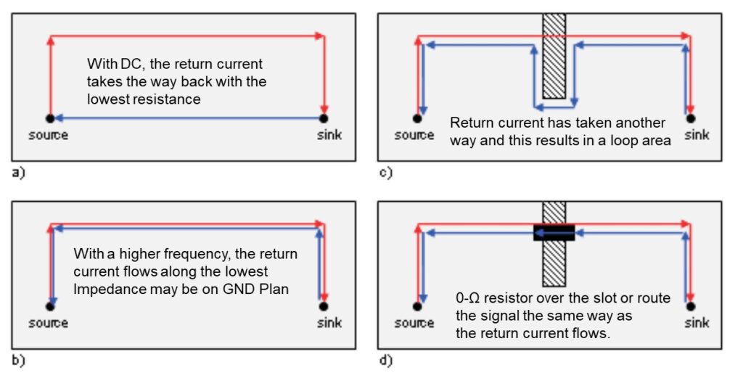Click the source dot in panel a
point(49,118)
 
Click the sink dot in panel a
point(324,118)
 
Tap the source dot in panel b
point(49,306)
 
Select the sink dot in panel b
point(324,306)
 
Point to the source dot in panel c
point(417,118)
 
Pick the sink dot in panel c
point(691,118)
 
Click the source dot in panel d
point(417,306)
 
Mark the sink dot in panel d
point(691,306)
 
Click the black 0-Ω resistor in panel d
point(554,232)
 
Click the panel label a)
point(17,173)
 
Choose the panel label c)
point(385,173)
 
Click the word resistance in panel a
point(165,99)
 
